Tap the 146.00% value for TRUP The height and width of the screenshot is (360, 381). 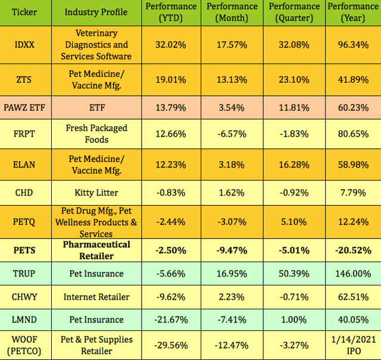coord(353,274)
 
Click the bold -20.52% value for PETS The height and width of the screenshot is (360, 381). coord(353,250)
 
